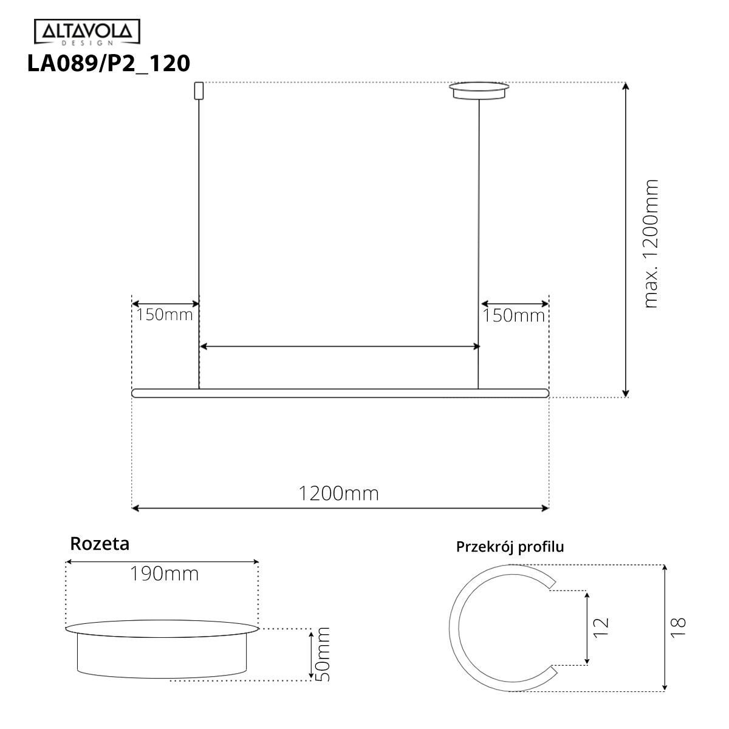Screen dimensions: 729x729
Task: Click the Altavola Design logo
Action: click(86, 33)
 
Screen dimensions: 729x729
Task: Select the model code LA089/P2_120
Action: click(109, 63)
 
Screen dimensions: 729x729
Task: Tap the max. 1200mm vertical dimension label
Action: click(651, 243)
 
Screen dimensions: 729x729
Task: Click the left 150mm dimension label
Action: click(164, 315)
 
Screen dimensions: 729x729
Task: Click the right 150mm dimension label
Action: click(514, 316)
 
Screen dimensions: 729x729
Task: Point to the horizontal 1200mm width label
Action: click(338, 493)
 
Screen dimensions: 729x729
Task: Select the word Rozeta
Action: click(100, 543)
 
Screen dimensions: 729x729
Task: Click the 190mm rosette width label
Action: click(164, 573)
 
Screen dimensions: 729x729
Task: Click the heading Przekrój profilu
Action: click(510, 547)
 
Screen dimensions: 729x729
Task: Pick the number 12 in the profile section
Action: click(600, 626)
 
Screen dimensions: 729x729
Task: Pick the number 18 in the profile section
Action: click(679, 626)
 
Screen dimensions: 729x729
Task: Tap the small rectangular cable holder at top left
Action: click(197, 91)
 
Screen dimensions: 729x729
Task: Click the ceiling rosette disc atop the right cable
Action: click(479, 91)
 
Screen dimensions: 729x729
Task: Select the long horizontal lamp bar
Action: click(340, 393)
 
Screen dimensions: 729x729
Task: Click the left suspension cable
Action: click(199, 243)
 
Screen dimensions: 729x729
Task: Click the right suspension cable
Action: click(479, 243)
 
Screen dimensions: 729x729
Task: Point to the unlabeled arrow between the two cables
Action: click(340, 347)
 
